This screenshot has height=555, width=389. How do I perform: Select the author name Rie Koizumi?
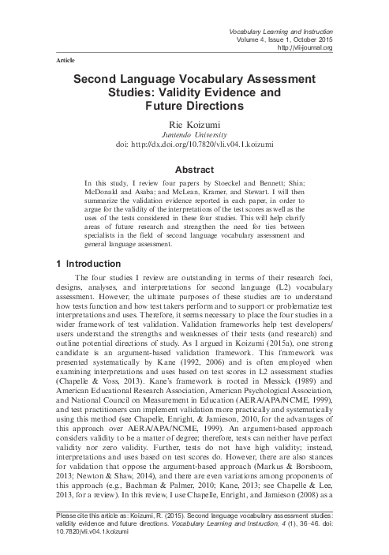pyautogui.click(x=194, y=125)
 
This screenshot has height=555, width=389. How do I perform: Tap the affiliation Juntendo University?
pyautogui.click(x=194, y=136)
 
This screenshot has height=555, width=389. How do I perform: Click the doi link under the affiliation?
pyautogui.click(x=194, y=147)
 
